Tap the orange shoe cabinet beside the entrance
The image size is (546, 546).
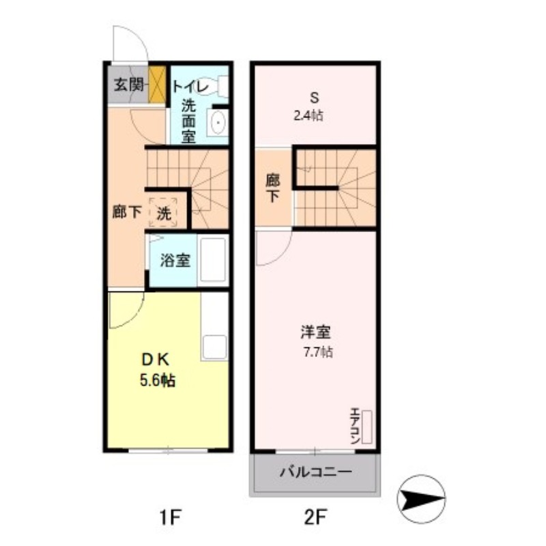pos(158,85)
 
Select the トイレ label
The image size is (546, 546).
pos(190,87)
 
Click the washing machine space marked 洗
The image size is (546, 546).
pos(164,212)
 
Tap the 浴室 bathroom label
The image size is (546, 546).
pos(175,260)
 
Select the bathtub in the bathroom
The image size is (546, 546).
pos(213,260)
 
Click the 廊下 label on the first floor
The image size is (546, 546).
pos(127,212)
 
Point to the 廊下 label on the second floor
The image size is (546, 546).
pos(272,189)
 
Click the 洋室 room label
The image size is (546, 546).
pos(315,334)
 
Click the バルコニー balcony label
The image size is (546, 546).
pos(315,472)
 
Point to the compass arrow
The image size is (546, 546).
pos(420,496)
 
